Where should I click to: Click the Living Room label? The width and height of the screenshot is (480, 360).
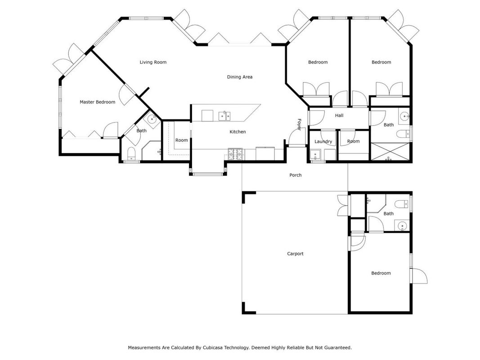coord(153,62)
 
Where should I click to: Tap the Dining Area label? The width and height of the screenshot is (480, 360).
coord(240,77)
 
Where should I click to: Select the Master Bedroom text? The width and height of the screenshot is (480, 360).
coord(97,102)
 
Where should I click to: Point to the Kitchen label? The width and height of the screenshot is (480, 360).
coord(238,132)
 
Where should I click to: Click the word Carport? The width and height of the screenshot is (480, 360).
coord(295,254)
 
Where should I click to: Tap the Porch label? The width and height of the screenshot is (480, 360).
coord(296,175)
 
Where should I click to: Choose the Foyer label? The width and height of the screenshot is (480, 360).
coord(300,125)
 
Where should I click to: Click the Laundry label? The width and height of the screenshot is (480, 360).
coord(323,141)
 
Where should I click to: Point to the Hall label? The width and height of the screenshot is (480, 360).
coord(339,115)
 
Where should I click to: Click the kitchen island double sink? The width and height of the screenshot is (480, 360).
coord(224,116)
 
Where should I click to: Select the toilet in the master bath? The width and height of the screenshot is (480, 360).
coord(131,153)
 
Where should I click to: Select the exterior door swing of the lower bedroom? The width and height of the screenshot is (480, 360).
coord(420,276)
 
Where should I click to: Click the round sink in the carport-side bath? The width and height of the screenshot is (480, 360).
coord(402,226)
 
